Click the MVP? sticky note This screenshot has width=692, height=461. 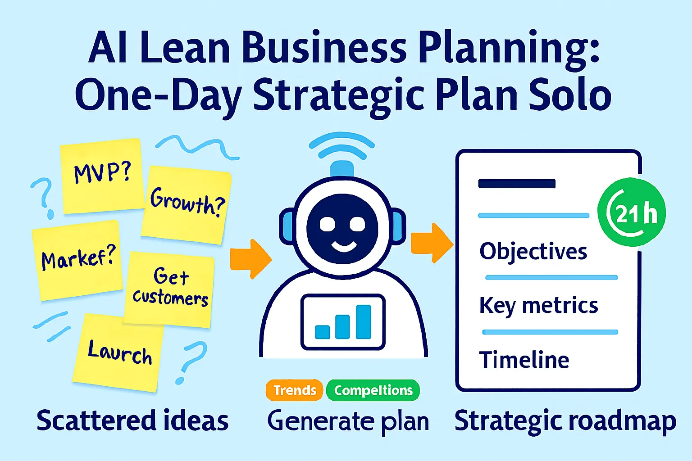(x=102, y=176)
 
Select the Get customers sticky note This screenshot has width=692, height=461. (x=169, y=289)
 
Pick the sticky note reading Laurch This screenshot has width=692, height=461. (x=118, y=353)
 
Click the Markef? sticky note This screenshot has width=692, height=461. (x=77, y=260)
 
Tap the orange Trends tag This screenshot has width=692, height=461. (x=294, y=390)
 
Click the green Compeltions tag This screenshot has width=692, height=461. (x=373, y=390)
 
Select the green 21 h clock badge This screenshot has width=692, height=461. (x=632, y=212)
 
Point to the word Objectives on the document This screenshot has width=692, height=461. (x=533, y=251)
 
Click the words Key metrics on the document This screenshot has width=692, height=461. (x=538, y=306)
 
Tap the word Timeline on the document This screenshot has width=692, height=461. (x=524, y=360)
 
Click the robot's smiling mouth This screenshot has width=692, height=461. (x=344, y=247)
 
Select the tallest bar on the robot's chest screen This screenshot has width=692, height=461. (x=364, y=322)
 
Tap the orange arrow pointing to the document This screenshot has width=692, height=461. (x=432, y=243)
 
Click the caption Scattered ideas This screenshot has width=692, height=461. (x=132, y=420)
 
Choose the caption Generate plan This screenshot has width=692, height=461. (x=348, y=421)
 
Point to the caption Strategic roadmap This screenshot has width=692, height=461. (x=565, y=421)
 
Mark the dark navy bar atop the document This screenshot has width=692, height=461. (x=517, y=183)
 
